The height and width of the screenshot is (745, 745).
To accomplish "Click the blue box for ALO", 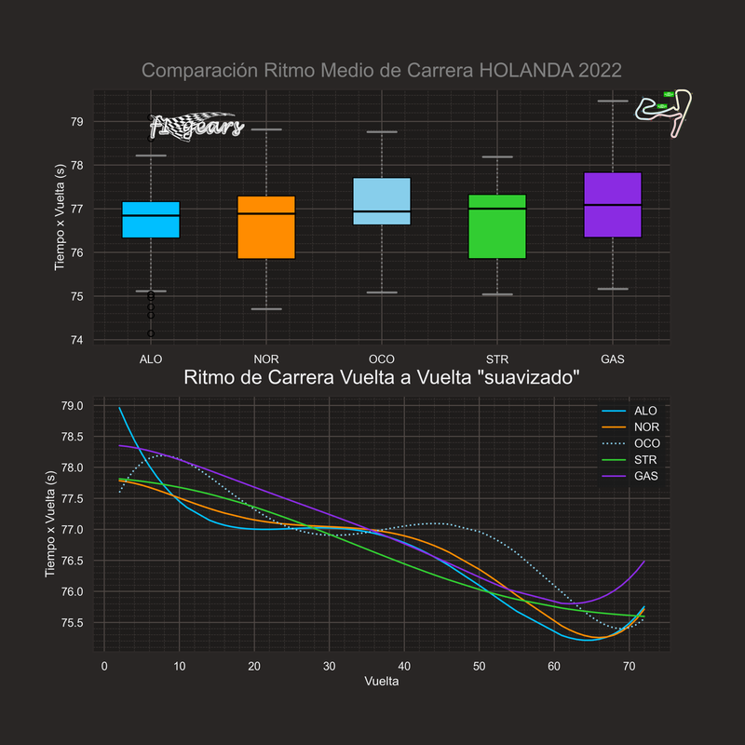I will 151,220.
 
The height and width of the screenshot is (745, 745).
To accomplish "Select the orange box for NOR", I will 266,227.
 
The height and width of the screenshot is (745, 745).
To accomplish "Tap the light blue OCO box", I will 382,201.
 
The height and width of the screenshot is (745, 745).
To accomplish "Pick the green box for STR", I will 497,226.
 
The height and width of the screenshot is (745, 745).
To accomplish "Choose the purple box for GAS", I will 612,205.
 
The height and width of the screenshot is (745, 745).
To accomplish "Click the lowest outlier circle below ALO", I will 151,333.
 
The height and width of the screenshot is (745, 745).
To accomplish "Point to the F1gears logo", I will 196,126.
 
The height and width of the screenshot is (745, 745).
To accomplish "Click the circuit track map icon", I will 663,107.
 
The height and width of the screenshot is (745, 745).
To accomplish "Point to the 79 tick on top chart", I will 76,121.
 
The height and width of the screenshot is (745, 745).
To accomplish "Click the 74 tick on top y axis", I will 76,340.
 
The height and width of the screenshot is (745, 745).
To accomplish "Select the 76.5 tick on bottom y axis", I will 72,561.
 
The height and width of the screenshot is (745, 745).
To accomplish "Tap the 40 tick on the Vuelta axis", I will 404,667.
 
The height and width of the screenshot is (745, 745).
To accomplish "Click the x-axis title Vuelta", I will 382,682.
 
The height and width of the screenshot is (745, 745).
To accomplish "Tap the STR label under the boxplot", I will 497,359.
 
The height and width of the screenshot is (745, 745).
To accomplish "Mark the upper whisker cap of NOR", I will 266,129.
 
